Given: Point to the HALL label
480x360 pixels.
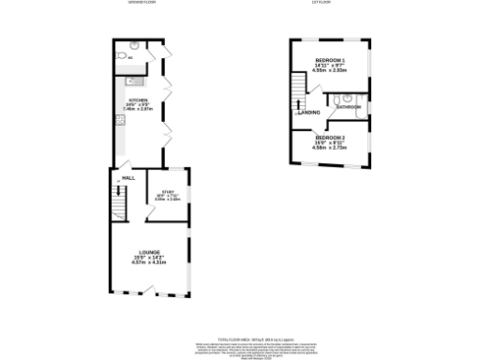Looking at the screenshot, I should (127, 176).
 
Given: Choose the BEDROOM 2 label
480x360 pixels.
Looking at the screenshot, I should (330, 138).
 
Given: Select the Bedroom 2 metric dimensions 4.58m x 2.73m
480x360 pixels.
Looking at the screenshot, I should (330, 148).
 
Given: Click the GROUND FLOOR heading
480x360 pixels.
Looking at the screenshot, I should (142, 3).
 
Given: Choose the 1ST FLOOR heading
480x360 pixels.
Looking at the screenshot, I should (323, 3).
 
